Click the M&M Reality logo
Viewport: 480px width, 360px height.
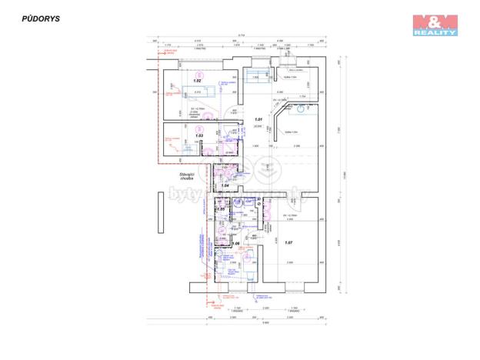pyautogui.click(x=435, y=25)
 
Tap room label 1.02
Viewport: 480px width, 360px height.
pyautogui.click(x=197, y=80)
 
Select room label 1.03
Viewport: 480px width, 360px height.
pyautogui.click(x=198, y=135)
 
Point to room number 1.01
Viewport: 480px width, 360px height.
pyautogui.click(x=259, y=119)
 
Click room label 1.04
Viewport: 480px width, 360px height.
pyautogui.click(x=225, y=185)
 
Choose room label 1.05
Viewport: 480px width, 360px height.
pyautogui.click(x=220, y=209)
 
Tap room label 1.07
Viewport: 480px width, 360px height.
pyautogui.click(x=288, y=243)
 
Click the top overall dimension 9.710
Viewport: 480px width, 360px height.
pyautogui.click(x=241, y=35)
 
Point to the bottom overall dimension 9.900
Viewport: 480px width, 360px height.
pyautogui.click(x=263, y=322)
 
